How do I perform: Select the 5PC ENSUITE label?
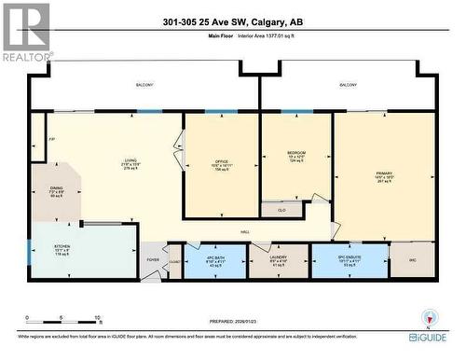(x=348, y=258)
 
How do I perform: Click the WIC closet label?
(x=411, y=260)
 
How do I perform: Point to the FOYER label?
(x=154, y=260)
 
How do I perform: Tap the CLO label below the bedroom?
(x=281, y=211)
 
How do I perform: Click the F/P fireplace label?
(x=37, y=144)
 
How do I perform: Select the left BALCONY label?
(x=145, y=85)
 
